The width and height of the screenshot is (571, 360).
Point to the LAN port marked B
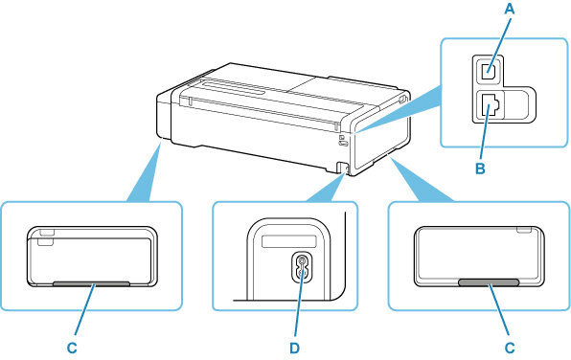point(489,106)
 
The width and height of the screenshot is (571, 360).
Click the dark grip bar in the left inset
point(91,283)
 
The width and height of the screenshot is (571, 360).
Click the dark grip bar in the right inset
point(488,283)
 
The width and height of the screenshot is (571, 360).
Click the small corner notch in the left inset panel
point(46,232)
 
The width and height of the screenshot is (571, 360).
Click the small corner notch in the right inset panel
point(522,231)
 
